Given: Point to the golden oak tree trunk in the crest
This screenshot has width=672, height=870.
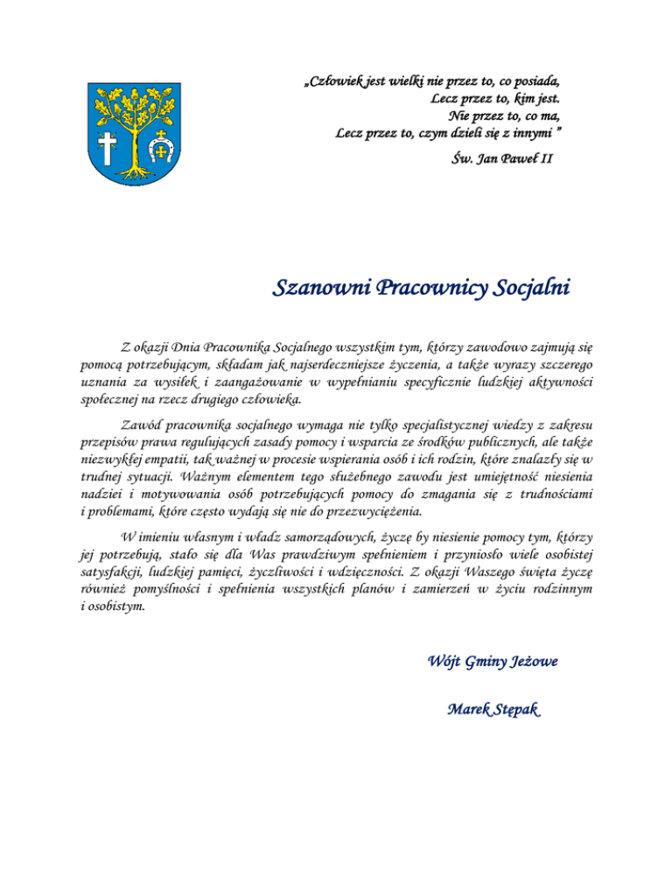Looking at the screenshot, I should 133,149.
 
